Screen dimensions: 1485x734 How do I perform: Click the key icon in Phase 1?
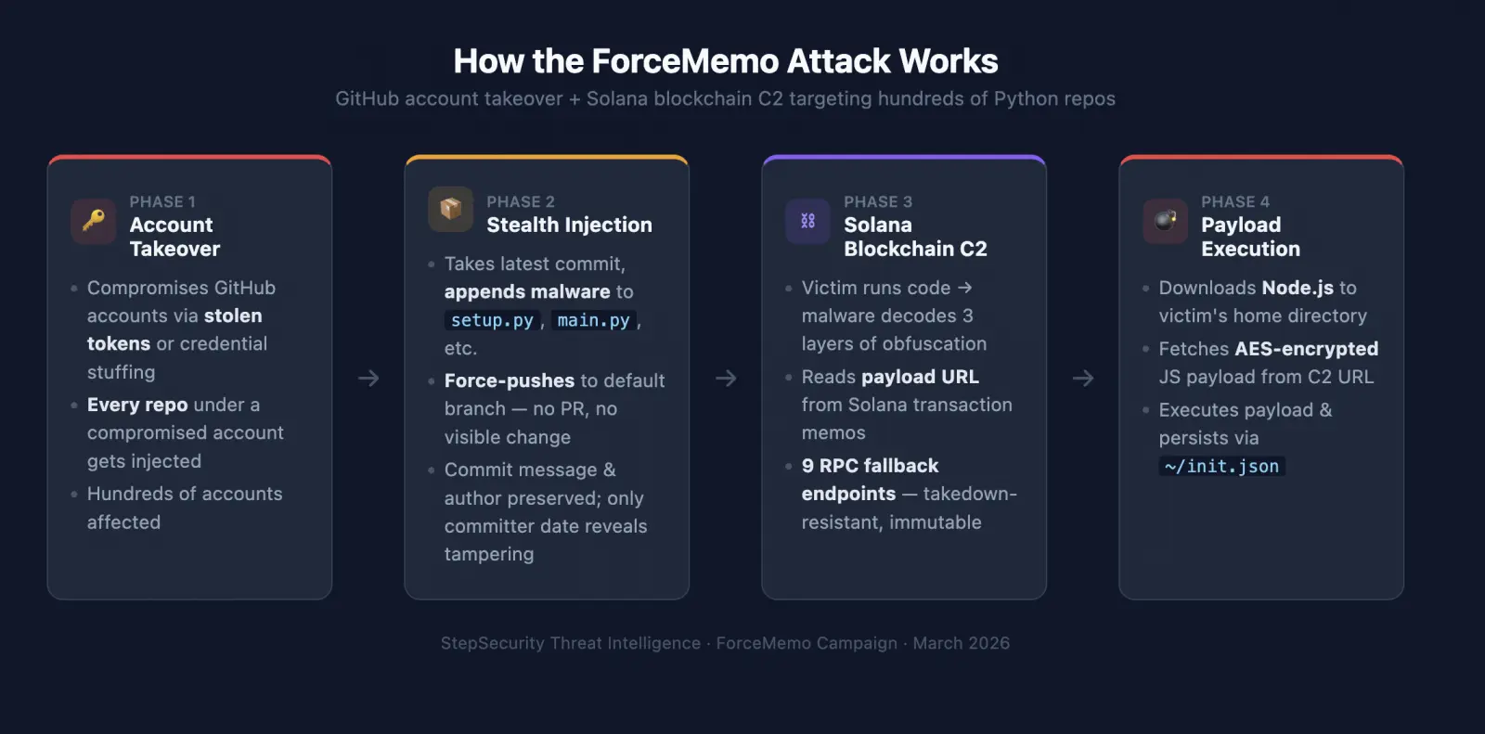[94, 220]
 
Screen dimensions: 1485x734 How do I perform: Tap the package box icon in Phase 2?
[451, 209]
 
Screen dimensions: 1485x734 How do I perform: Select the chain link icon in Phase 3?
[807, 221]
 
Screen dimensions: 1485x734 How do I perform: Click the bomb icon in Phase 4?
[1166, 220]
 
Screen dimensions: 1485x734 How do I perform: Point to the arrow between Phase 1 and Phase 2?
[368, 378]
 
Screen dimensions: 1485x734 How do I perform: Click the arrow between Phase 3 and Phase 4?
[1083, 378]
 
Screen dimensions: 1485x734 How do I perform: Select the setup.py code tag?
[492, 320]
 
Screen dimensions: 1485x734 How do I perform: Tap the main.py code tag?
[593, 320]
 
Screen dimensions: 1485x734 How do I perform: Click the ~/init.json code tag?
[1221, 466]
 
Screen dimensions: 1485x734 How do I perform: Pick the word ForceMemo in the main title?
[685, 61]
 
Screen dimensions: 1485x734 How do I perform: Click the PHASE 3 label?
[878, 201]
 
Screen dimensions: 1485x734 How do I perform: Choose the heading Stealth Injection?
[570, 225]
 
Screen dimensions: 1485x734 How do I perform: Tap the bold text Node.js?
[1298, 288]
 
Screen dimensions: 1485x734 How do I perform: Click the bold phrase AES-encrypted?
[1307, 349]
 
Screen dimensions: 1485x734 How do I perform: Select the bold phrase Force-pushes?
[510, 380]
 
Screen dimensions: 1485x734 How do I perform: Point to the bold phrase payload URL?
[920, 377]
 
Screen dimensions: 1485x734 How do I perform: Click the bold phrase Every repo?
[137, 405]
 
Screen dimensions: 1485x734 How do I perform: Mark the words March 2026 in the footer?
[962, 643]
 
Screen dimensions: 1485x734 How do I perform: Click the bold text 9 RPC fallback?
[870, 466]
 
